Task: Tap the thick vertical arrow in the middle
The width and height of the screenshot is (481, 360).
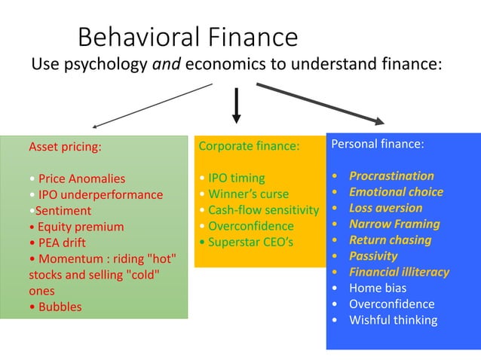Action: point(236,104)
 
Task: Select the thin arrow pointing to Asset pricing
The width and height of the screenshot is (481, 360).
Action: point(151,105)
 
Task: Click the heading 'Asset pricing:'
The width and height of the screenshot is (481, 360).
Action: point(64,147)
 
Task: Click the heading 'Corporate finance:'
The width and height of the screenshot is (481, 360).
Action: point(249,147)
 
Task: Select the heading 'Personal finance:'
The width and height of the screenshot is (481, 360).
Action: point(378,143)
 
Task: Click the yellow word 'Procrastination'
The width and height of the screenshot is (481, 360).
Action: point(391,175)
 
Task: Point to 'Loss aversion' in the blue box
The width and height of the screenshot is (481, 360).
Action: point(384,208)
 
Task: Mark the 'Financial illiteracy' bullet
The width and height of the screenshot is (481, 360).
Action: point(398,272)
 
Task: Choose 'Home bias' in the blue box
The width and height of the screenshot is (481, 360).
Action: point(377,288)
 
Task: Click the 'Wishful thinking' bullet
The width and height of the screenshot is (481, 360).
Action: point(392,320)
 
